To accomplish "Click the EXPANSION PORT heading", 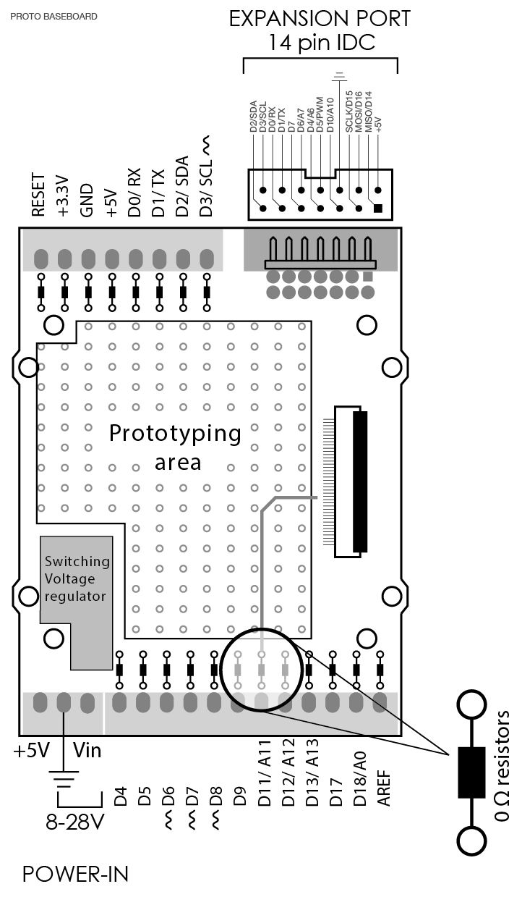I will [x=320, y=19].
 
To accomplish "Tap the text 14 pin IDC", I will [x=322, y=43].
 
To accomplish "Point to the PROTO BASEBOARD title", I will [x=54, y=16].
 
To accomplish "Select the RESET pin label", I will [x=39, y=195].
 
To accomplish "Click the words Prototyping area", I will [x=175, y=446].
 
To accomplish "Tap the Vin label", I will [x=87, y=751].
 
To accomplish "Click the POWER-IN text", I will [x=75, y=874].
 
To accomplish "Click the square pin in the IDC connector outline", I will [x=377, y=209].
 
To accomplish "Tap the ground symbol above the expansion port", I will [x=339, y=75].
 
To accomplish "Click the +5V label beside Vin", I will [x=31, y=751].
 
